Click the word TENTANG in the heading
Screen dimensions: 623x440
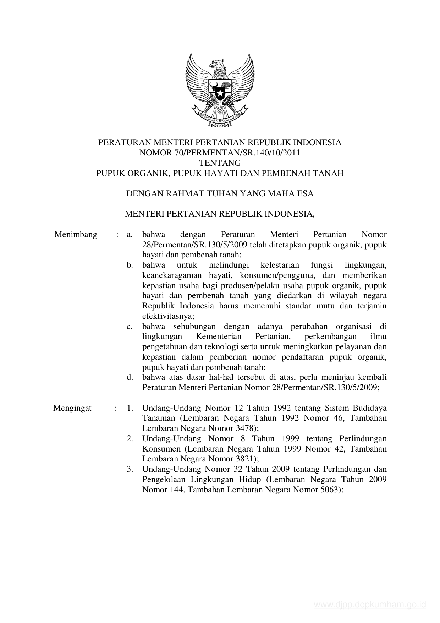(x=220, y=163)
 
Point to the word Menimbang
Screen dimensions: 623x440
(x=76, y=235)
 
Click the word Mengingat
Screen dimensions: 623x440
(x=72, y=408)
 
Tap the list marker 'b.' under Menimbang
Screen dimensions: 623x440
(x=130, y=265)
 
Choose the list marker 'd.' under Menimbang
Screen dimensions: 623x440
(x=130, y=377)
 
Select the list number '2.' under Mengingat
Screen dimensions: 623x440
(x=130, y=439)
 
